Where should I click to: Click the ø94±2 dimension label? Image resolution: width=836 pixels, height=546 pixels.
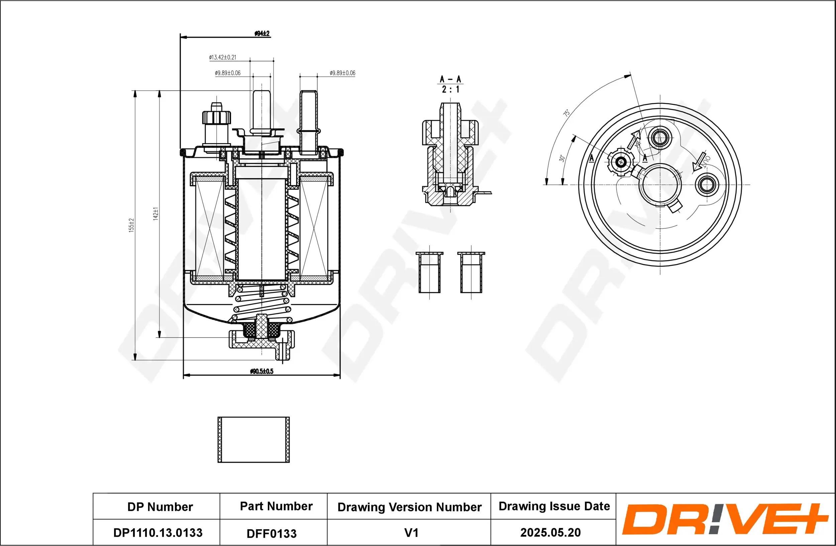pyautogui.click(x=262, y=33)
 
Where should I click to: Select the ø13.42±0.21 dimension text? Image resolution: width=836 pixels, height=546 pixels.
pyautogui.click(x=223, y=57)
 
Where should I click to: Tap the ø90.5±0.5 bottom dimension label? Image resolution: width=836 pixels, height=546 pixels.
pyautogui.click(x=262, y=371)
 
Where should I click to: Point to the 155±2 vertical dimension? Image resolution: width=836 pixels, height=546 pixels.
pyautogui.click(x=131, y=225)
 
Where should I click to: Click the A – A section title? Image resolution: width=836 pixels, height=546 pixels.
pyautogui.click(x=450, y=79)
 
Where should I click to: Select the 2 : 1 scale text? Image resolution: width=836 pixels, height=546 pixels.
pyautogui.click(x=450, y=90)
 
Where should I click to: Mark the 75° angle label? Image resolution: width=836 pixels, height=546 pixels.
pyautogui.click(x=566, y=113)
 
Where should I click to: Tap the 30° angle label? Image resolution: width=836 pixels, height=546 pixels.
pyautogui.click(x=562, y=158)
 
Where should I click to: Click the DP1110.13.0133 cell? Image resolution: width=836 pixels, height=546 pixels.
pyautogui.click(x=158, y=533)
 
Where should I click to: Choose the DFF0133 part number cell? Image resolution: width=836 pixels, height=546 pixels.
pyautogui.click(x=272, y=533)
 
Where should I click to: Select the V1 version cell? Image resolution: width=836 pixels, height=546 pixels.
pyautogui.click(x=411, y=533)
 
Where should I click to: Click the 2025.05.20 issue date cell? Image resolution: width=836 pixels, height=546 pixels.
pyautogui.click(x=550, y=532)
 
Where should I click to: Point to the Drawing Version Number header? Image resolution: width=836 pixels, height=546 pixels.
pyautogui.click(x=409, y=507)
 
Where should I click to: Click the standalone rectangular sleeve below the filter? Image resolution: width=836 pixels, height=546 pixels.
pyautogui.click(x=253, y=440)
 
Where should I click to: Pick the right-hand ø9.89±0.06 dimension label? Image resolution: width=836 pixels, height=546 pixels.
pyautogui.click(x=342, y=73)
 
